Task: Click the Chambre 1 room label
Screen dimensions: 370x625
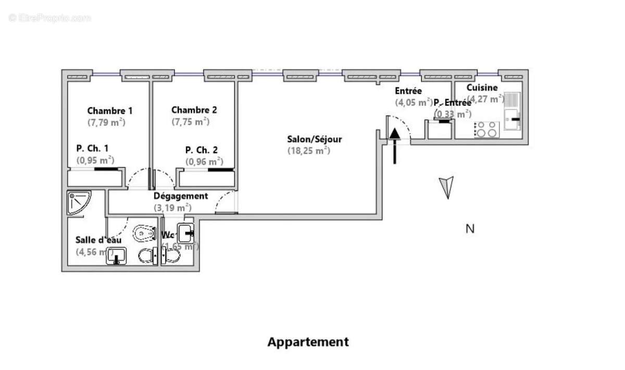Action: point(109,110)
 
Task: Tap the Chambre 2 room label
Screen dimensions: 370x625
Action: point(194,110)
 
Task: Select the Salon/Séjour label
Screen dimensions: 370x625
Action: point(315,139)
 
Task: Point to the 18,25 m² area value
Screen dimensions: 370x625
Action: point(309,150)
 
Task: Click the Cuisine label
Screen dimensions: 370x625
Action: point(482,87)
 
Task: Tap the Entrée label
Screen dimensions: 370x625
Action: point(408,91)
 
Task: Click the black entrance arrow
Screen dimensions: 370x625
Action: point(395,143)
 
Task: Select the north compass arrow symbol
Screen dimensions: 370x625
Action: point(446,187)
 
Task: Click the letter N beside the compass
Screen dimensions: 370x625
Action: point(469,228)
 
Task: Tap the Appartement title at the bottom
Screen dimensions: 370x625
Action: point(308,342)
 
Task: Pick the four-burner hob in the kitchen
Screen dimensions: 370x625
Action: point(486,129)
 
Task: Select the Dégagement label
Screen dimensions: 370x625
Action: point(181,196)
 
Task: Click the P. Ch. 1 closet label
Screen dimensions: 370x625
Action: point(92,148)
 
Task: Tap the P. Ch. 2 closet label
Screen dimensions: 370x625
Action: point(205,150)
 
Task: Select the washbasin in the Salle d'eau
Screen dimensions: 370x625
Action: point(117,256)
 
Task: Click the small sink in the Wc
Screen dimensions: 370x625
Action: point(186,231)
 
